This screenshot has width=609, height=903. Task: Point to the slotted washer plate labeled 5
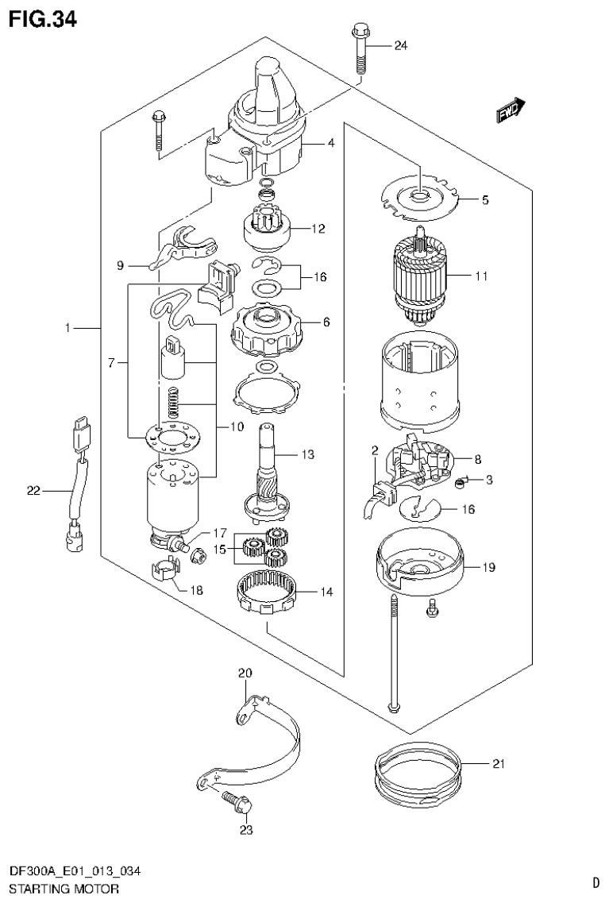pos(416,195)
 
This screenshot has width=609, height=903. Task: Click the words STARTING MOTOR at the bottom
pos(64,888)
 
